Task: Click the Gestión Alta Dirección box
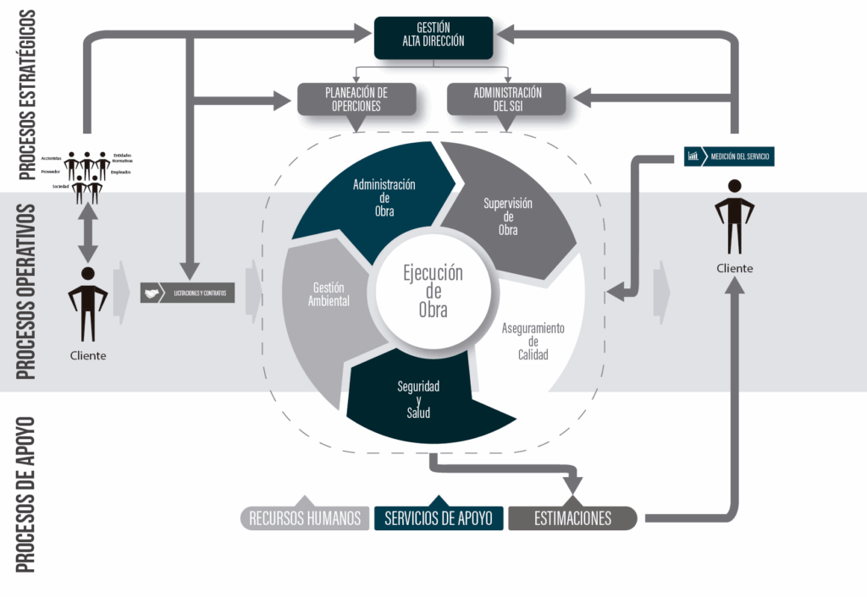[x=433, y=38]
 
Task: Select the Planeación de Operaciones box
[x=357, y=100]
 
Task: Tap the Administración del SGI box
[x=507, y=100]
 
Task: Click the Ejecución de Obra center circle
[x=433, y=292]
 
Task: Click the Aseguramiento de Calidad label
[x=533, y=342]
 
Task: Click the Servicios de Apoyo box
[x=439, y=518]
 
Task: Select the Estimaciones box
[x=572, y=518]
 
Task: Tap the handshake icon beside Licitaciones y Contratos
[x=152, y=293]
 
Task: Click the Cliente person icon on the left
[x=88, y=304]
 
